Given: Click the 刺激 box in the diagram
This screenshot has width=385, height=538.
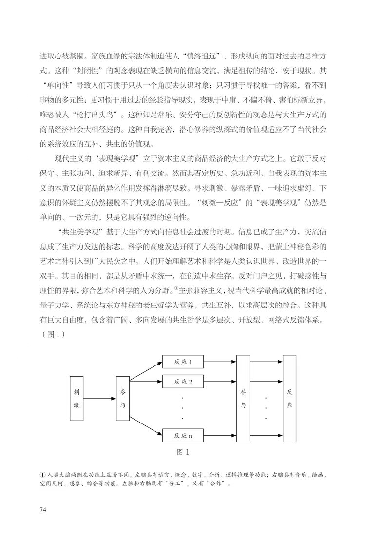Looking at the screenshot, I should tap(76, 398).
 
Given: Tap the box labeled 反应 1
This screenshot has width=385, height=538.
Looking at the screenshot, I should tap(183, 362).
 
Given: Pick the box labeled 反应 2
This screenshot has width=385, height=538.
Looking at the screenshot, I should tap(183, 381).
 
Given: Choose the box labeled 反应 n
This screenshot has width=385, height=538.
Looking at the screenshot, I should tap(183, 435).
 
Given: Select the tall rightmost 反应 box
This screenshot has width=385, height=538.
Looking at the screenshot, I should tap(289, 398).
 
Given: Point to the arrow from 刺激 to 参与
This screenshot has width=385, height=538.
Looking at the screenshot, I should tap(98, 399).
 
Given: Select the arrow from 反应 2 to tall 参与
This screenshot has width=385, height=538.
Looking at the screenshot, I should tap(219, 381).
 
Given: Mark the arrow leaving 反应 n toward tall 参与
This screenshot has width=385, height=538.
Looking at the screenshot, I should tap(219, 435).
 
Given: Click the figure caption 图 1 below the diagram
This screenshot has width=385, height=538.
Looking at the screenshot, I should tap(183, 452).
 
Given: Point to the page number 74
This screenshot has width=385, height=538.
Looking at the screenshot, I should tap(43, 510).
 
